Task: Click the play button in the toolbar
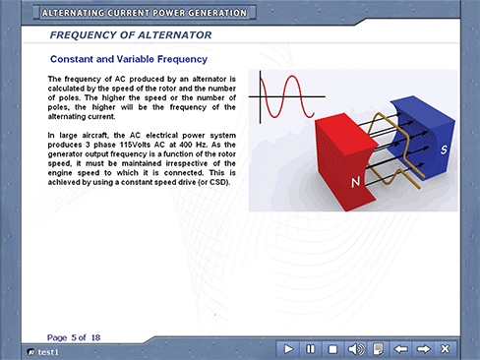(288, 349)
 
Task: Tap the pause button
(310, 349)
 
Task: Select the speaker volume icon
(355, 349)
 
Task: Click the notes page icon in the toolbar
(378, 349)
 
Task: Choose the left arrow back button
(400, 349)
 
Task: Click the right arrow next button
(423, 349)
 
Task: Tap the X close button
(446, 349)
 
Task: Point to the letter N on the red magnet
(355, 182)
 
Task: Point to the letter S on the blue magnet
(444, 150)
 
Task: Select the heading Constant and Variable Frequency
(129, 59)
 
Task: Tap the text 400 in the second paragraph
(186, 145)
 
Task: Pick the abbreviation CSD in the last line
(218, 182)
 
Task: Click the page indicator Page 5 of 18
(74, 337)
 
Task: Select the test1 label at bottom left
(48, 352)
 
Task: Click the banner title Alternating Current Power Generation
(145, 13)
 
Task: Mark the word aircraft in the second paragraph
(94, 136)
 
